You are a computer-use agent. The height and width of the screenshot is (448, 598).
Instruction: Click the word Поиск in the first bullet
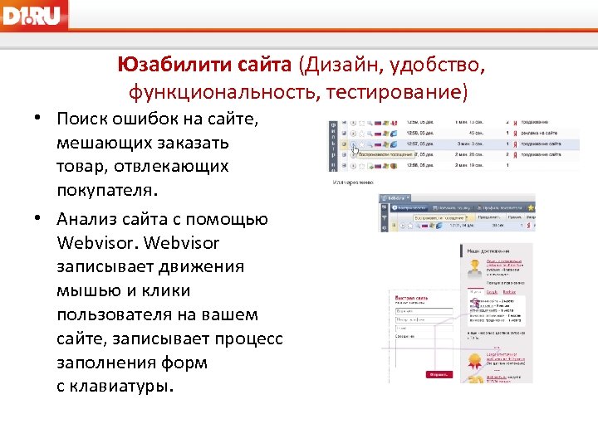82,119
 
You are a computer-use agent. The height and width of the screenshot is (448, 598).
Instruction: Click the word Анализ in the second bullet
91,219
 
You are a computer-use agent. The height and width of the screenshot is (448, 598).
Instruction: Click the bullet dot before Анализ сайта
39,220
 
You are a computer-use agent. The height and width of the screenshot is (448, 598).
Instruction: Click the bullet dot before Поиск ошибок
39,119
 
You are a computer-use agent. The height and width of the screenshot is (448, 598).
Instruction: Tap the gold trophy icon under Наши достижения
475,267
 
